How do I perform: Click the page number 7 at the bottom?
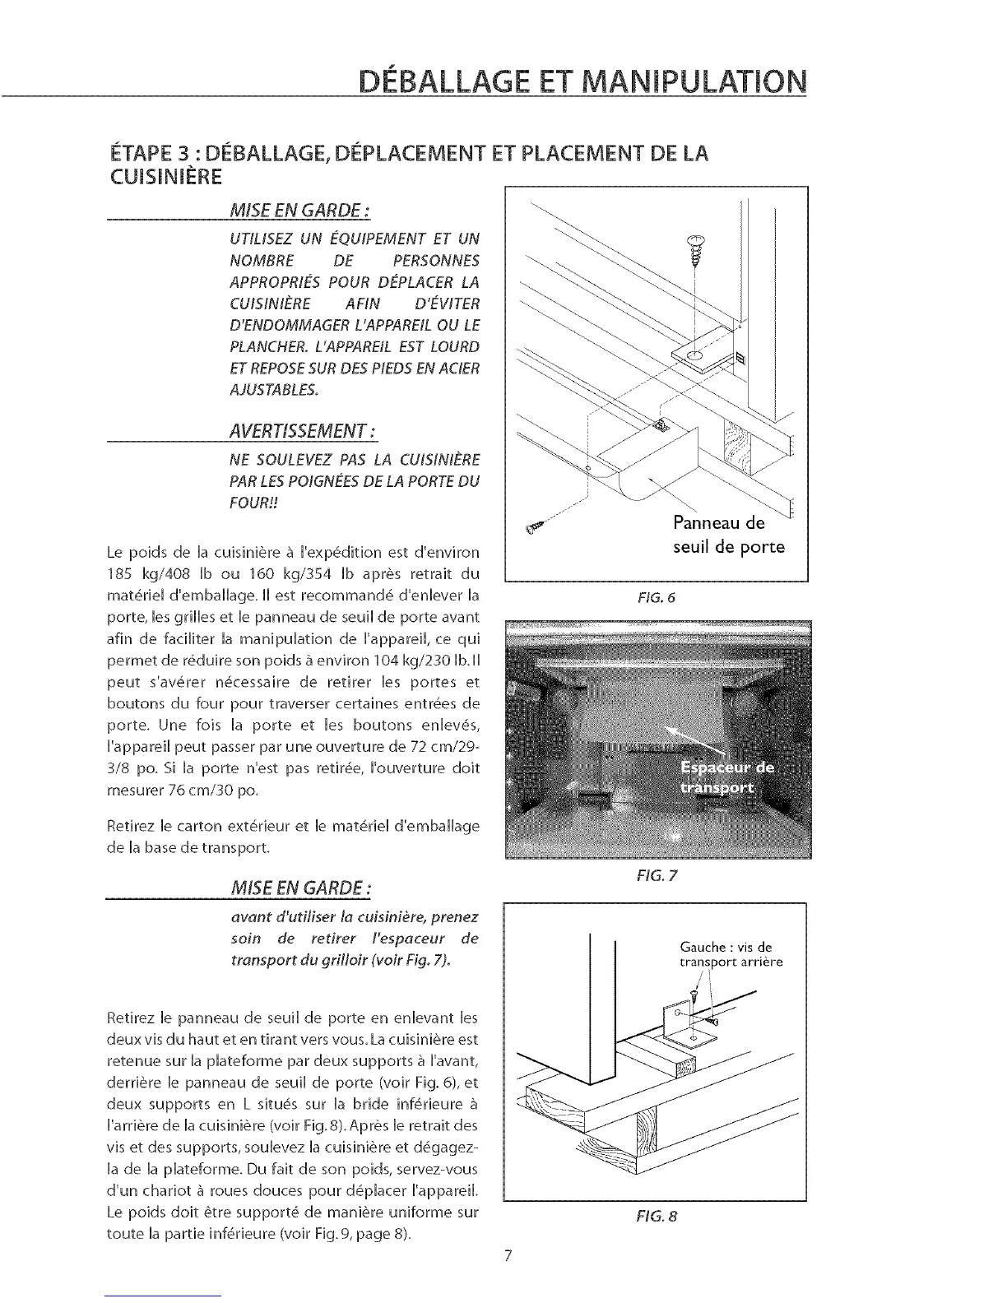508,1255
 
